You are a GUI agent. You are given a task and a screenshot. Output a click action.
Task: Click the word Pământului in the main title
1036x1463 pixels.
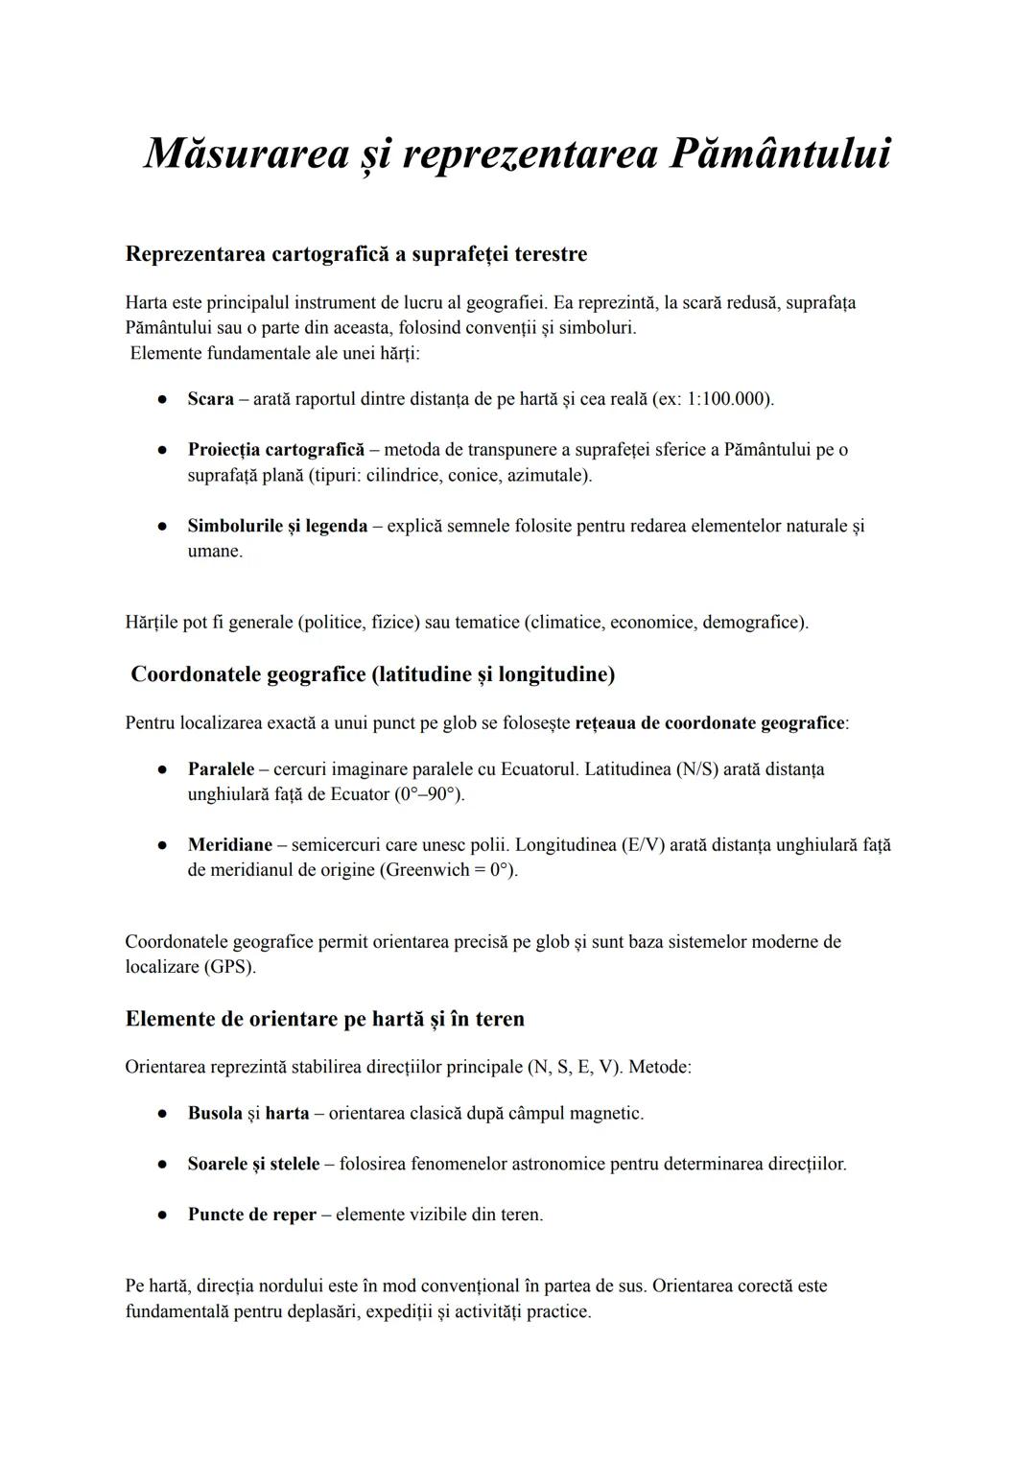pyautogui.click(x=779, y=153)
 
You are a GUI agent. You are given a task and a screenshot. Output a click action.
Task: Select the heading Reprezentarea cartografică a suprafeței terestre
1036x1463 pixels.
pyautogui.click(x=356, y=254)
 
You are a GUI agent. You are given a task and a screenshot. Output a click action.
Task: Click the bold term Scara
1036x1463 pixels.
pyautogui.click(x=210, y=398)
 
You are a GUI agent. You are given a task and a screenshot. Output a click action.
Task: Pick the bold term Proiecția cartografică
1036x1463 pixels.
pyautogui.click(x=276, y=449)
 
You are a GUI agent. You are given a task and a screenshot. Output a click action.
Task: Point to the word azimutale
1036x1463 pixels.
pyautogui.click(x=546, y=475)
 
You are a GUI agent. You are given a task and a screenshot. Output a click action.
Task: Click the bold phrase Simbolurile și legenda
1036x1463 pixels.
pyautogui.click(x=277, y=526)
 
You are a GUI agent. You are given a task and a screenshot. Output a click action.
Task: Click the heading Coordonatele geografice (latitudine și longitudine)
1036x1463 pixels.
pyautogui.click(x=372, y=674)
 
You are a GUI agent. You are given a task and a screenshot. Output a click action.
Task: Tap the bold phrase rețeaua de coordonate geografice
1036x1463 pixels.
pyautogui.click(x=710, y=722)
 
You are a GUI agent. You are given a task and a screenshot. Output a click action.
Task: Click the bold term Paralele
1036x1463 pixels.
pyautogui.click(x=221, y=768)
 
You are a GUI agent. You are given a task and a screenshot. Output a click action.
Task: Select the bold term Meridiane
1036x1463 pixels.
pyautogui.click(x=230, y=845)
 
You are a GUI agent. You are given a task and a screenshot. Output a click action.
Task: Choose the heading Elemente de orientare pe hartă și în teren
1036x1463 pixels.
pyautogui.click(x=324, y=1019)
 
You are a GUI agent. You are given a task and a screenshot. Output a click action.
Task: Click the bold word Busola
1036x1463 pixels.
pyautogui.click(x=215, y=1113)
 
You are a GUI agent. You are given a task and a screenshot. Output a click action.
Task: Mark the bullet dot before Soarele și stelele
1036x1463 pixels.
pyautogui.click(x=164, y=1165)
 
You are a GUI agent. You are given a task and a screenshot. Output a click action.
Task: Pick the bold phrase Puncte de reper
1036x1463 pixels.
pyautogui.click(x=251, y=1215)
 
